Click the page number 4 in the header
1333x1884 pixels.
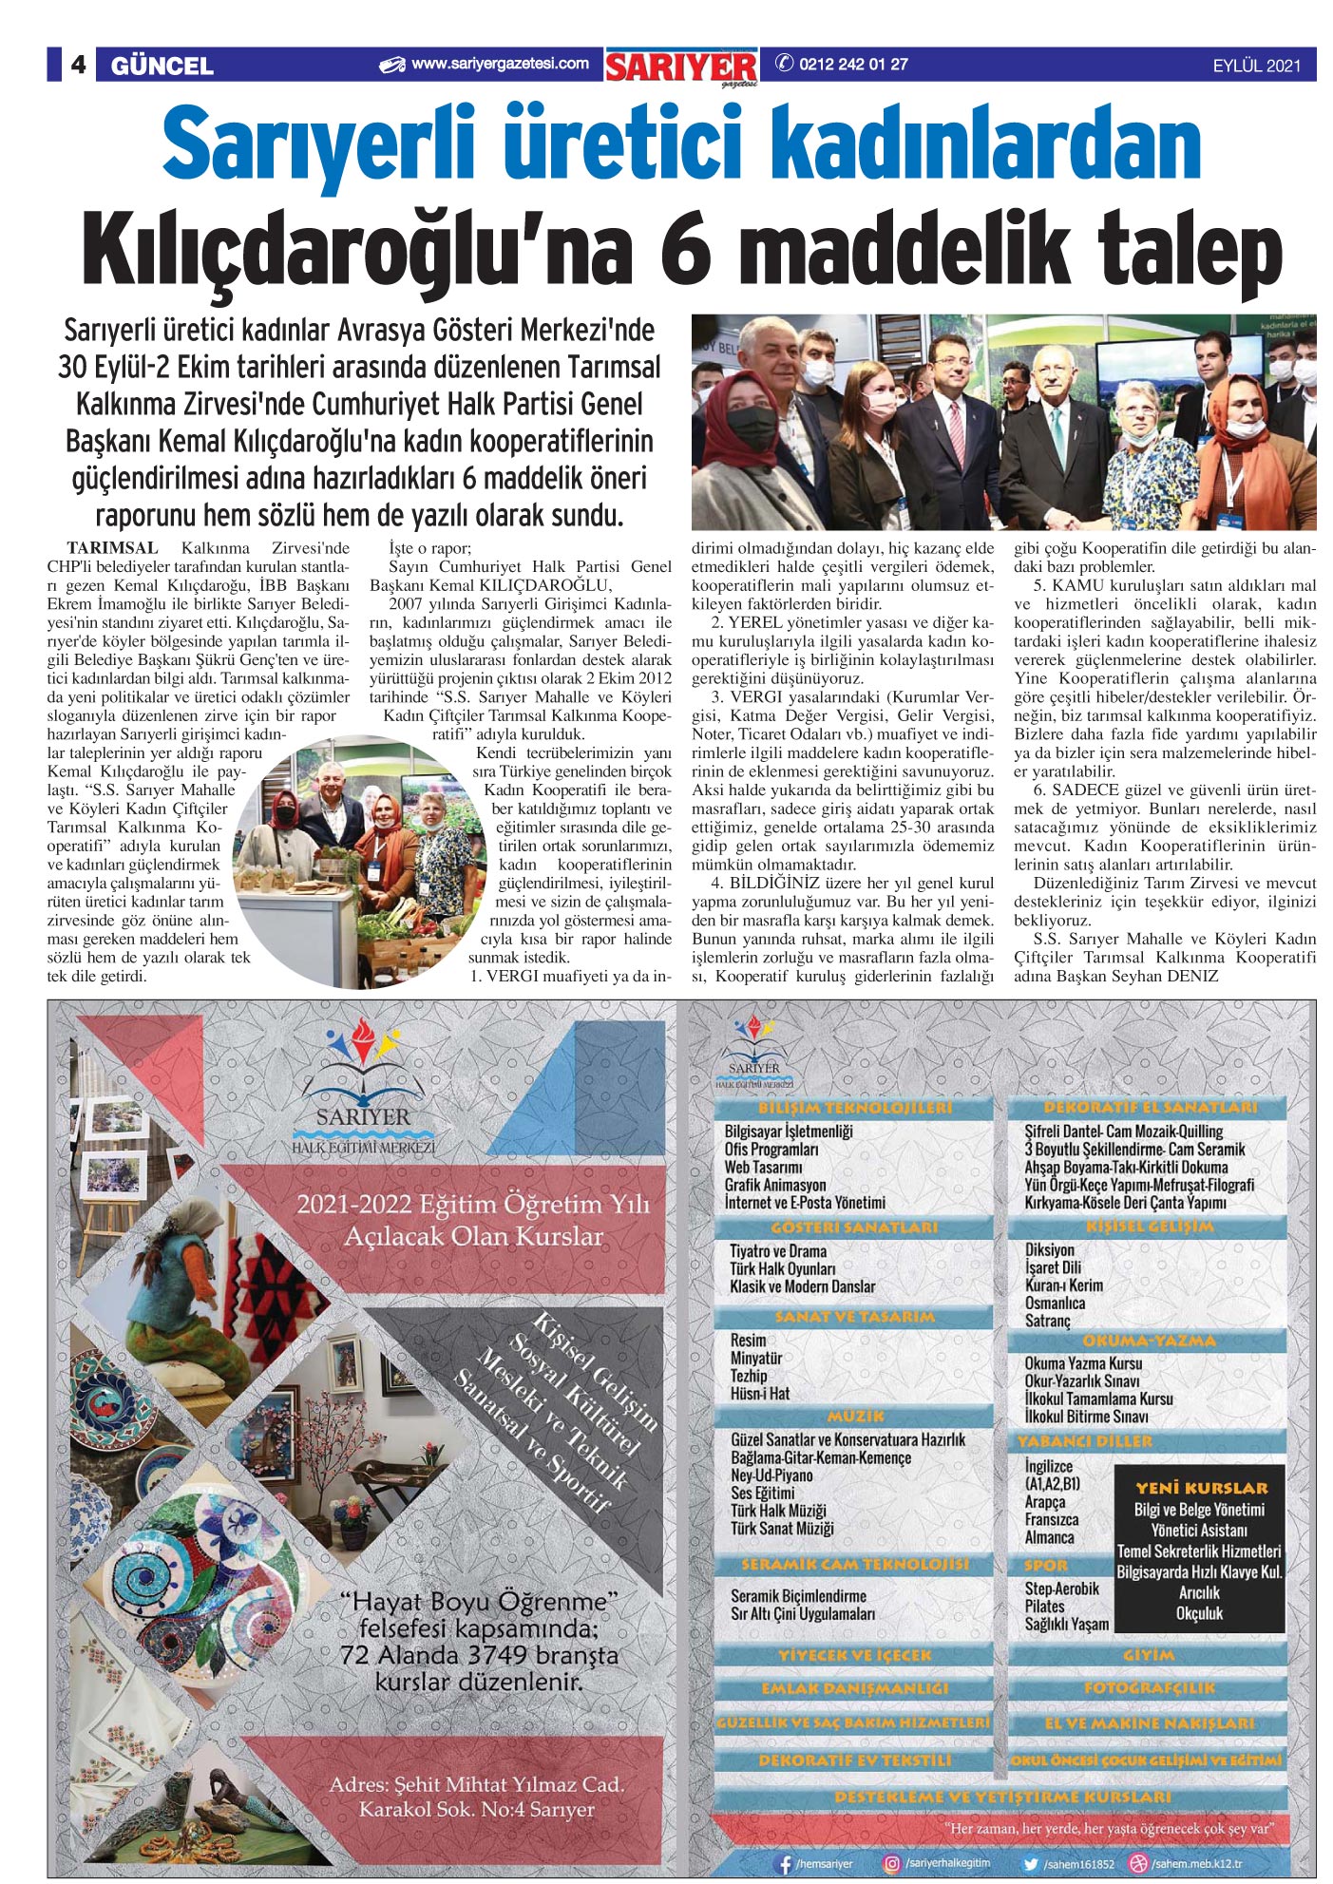[78, 65]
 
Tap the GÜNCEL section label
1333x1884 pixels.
[162, 66]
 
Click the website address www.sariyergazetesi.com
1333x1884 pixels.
[500, 65]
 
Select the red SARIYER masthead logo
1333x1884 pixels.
[682, 67]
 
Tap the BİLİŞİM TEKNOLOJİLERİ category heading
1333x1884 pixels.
[855, 1108]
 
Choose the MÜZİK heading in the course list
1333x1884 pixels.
[855, 1415]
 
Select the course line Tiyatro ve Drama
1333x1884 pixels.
[778, 1251]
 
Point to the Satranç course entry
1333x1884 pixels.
[1047, 1322]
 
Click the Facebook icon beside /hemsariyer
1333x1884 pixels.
[785, 1864]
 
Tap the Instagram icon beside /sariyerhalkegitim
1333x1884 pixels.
[891, 1864]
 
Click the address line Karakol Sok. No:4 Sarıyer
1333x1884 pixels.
[476, 1810]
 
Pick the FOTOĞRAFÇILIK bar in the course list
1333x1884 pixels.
[1149, 1688]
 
